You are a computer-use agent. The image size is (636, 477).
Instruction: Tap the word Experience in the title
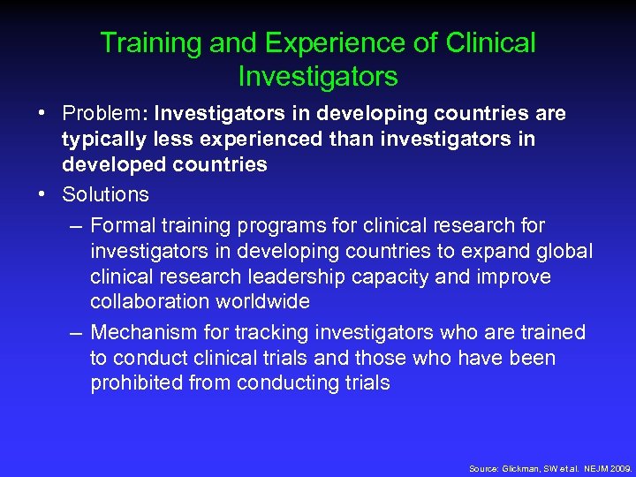[312, 42]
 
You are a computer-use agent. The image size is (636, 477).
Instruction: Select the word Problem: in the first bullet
[105, 114]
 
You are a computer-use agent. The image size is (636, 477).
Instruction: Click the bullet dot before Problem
[42, 114]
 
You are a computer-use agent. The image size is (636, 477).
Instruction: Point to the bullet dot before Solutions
[42, 194]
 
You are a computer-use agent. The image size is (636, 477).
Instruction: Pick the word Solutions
[105, 194]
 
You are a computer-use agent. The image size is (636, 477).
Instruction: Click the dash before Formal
[76, 226]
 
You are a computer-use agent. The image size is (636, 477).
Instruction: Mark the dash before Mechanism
[76, 333]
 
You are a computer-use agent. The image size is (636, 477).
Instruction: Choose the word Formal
[123, 226]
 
